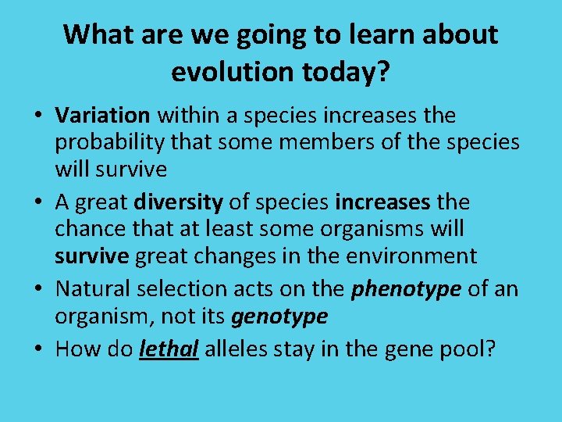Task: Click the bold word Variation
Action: tap(102, 116)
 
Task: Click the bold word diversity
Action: tap(178, 202)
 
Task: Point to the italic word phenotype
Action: tap(406, 288)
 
